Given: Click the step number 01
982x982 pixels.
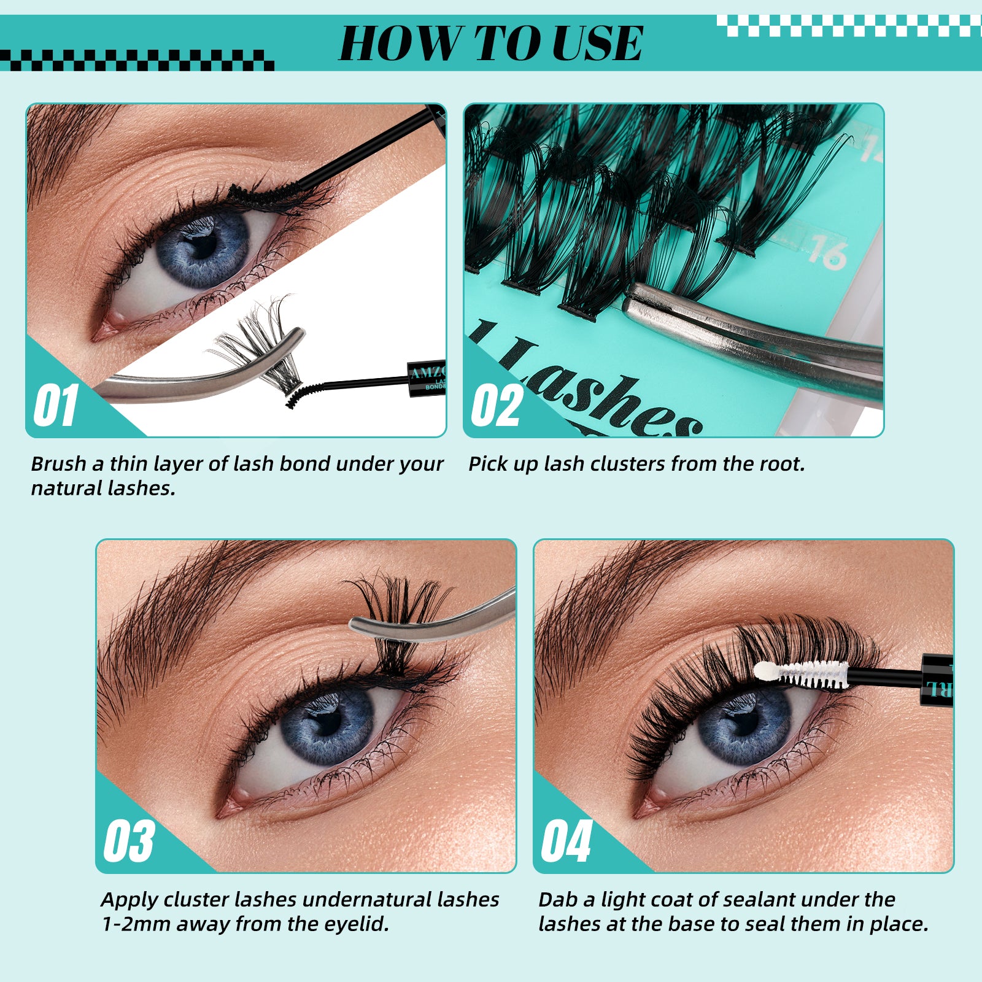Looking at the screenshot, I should click(x=56, y=406).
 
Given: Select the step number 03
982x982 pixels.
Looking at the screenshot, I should click(x=128, y=841).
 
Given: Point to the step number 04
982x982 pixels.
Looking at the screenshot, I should click(x=566, y=841).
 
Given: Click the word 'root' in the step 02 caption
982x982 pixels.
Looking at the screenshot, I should click(x=779, y=464).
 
